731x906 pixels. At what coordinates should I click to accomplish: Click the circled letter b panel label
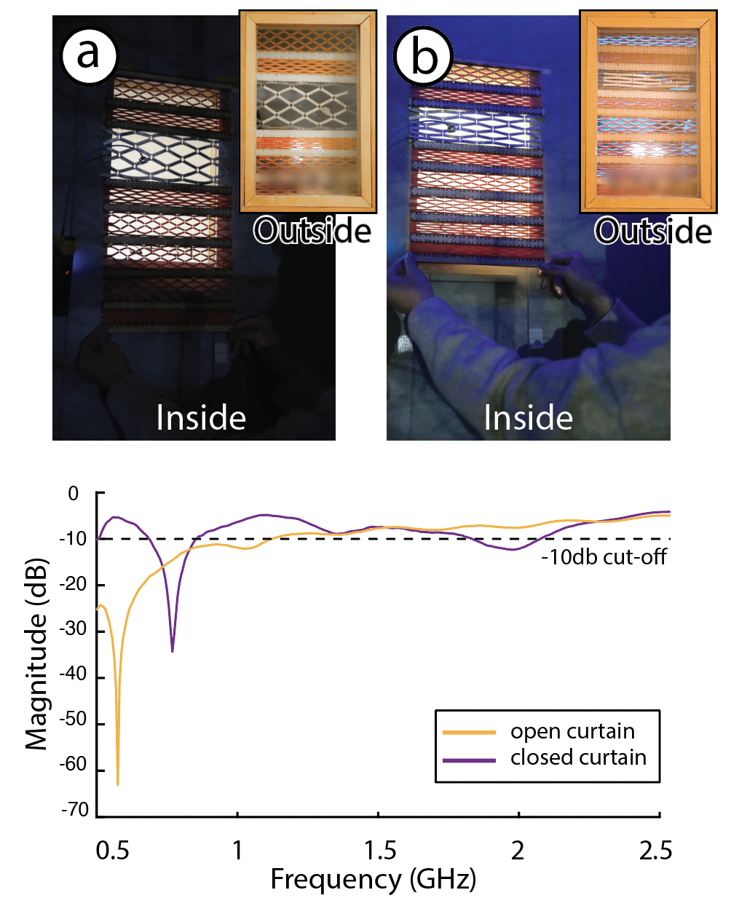click(x=424, y=56)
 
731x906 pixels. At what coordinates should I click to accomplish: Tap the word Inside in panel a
click(x=201, y=418)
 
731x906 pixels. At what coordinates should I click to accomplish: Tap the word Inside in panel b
click(x=529, y=418)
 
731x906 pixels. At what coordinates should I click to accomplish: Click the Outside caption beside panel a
click(x=312, y=231)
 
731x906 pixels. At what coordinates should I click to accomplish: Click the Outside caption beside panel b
click(x=653, y=231)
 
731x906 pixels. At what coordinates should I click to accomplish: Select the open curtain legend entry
click(x=572, y=731)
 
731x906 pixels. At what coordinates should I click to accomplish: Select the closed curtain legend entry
click(x=578, y=757)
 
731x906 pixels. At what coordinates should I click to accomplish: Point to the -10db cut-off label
click(x=604, y=557)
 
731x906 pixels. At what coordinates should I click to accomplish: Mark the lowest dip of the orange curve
click(x=118, y=784)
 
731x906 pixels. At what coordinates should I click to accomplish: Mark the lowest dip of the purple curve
click(x=173, y=650)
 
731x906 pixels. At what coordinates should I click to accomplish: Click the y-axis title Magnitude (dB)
click(x=36, y=654)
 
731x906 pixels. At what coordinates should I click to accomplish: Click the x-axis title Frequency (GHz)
click(x=374, y=880)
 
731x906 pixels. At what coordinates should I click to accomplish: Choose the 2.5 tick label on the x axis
click(x=655, y=850)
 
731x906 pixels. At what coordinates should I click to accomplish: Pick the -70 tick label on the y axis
click(x=74, y=810)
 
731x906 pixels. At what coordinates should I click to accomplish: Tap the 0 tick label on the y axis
click(x=73, y=494)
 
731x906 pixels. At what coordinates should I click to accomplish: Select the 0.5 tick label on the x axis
click(x=113, y=850)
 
